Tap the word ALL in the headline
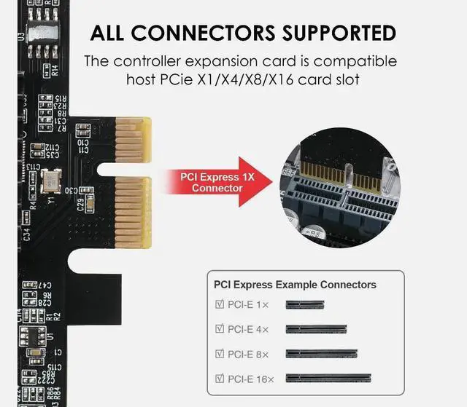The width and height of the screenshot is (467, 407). point(110,33)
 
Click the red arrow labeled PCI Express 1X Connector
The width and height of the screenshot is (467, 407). point(219,182)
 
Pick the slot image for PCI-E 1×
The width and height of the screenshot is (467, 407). point(304,305)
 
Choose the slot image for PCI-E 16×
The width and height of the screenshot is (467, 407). point(328,378)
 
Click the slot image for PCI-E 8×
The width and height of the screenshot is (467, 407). point(321,354)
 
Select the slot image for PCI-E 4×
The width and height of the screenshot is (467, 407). point(316,330)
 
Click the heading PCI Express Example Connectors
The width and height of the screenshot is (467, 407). point(295,285)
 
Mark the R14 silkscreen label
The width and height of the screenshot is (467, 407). point(54,71)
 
